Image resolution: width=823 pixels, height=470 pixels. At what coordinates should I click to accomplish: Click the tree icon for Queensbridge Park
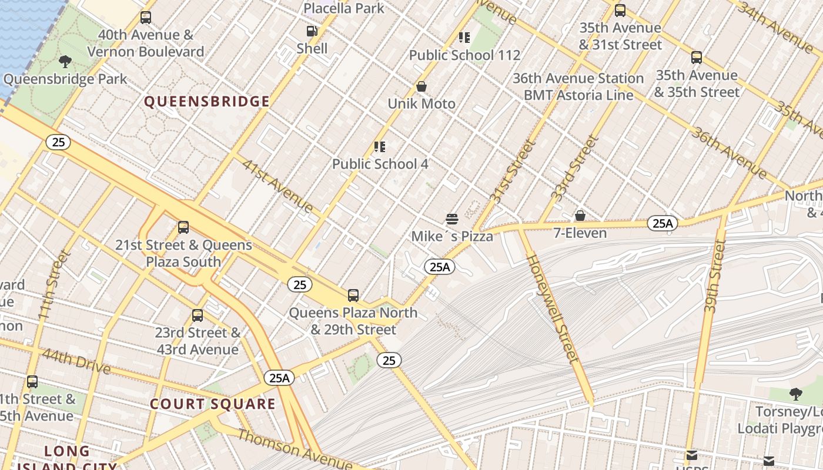tap(65, 61)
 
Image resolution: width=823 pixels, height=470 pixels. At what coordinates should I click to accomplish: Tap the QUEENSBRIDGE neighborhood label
tap(207, 102)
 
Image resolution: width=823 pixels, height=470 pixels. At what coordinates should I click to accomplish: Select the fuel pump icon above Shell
tap(312, 31)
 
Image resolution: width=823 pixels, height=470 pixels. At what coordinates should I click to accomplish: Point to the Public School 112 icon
tap(464, 38)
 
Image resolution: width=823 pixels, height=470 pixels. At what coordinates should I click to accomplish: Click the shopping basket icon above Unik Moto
tap(421, 87)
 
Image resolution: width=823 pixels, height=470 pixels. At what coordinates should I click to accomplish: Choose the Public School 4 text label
tap(380, 164)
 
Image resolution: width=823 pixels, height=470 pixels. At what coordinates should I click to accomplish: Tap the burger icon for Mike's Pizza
tap(452, 219)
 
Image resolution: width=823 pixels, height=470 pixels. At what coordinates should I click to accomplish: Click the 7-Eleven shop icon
tap(580, 216)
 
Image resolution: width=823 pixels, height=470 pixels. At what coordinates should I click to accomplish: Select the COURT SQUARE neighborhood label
tap(212, 404)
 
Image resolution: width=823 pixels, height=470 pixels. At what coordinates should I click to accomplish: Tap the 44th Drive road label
tap(76, 360)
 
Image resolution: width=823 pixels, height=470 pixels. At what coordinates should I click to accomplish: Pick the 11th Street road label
tap(54, 286)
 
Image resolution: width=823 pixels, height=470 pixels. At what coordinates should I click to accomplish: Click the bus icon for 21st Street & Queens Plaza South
tap(183, 227)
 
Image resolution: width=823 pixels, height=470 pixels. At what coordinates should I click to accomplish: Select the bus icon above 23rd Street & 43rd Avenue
tap(198, 315)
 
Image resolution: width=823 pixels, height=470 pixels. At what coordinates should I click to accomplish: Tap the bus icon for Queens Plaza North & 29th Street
tap(353, 296)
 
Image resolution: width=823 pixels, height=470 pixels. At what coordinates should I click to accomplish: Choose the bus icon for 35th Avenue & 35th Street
tap(697, 58)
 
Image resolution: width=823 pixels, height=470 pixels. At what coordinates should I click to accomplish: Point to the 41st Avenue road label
tap(277, 185)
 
